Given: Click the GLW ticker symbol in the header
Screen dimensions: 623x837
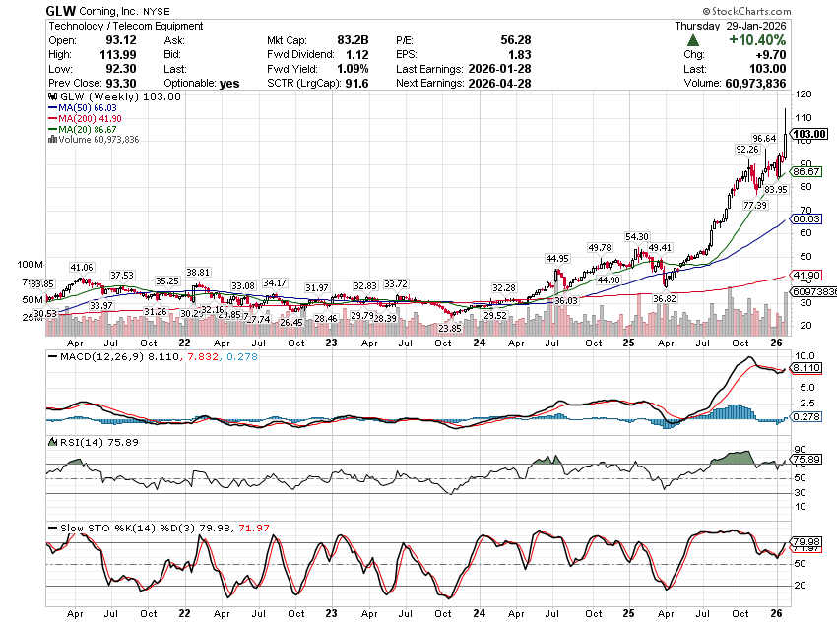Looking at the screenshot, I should (x=61, y=11).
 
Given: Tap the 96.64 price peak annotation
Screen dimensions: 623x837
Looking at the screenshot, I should (x=766, y=138).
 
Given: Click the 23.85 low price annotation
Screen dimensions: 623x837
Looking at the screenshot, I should (x=450, y=328).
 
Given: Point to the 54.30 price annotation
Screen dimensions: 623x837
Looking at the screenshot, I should (x=636, y=237).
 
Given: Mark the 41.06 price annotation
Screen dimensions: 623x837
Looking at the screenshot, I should (x=81, y=268).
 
